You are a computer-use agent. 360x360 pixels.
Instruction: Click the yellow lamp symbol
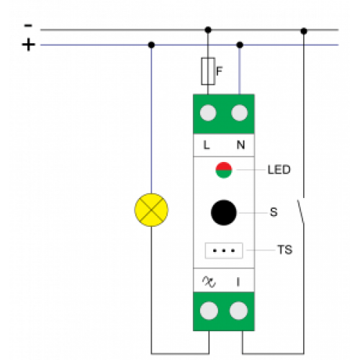151,210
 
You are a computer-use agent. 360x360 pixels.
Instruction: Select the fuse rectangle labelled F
208,71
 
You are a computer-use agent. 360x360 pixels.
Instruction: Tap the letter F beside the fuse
220,71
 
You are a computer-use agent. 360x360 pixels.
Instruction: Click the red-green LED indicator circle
224,170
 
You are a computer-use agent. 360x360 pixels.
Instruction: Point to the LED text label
279,170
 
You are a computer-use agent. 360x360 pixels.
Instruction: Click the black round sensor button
224,212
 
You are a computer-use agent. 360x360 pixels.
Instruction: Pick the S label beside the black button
274,212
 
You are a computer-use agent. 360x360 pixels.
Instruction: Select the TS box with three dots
224,251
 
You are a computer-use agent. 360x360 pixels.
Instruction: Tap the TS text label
285,250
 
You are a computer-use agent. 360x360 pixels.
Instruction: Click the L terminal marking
207,145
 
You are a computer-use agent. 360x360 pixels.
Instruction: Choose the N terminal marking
240,145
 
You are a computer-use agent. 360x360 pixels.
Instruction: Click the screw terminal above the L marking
208,113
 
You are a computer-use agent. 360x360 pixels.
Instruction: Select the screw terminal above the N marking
240,113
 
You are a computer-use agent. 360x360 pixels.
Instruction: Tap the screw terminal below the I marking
238,311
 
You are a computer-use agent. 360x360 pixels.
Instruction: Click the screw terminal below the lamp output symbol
209,311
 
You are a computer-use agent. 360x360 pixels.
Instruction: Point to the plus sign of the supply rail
29,45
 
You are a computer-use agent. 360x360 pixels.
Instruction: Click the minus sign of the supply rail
28,26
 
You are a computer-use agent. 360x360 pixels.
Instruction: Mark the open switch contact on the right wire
301,211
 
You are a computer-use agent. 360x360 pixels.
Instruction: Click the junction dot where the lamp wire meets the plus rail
151,45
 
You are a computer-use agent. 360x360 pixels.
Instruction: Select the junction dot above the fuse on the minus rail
208,30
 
